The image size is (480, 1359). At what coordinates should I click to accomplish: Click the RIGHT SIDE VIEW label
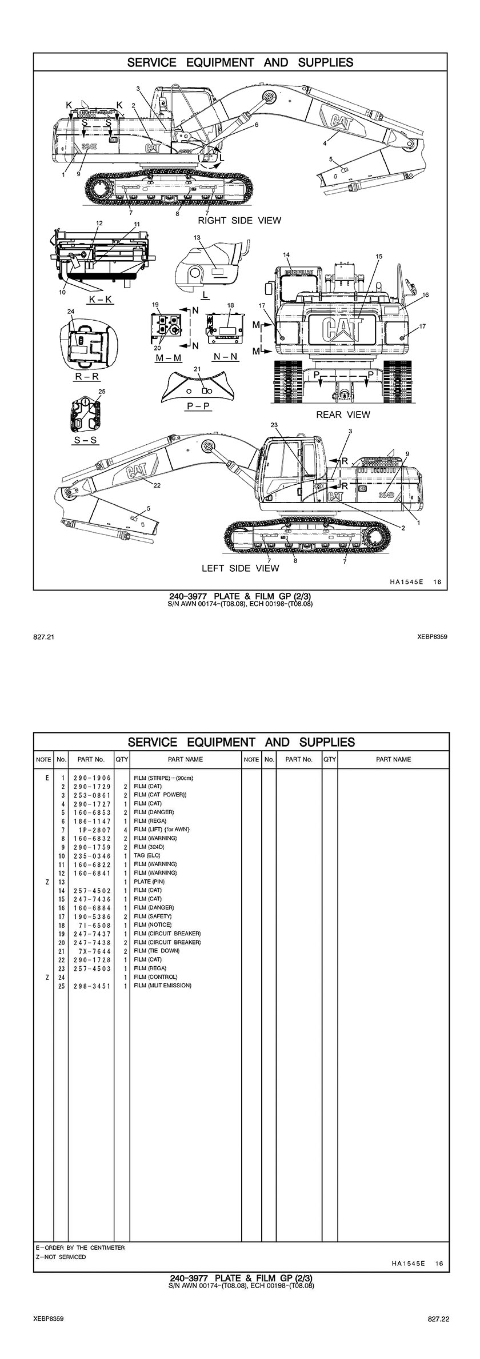(239, 220)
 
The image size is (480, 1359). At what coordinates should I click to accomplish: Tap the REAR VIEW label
(343, 415)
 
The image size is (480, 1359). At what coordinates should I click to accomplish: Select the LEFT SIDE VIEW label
(240, 568)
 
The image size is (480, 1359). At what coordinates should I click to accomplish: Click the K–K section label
(100, 299)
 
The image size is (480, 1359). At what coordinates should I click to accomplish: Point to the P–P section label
(199, 405)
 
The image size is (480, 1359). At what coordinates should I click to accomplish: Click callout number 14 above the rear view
(286, 254)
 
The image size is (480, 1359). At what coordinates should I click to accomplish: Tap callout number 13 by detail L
(197, 237)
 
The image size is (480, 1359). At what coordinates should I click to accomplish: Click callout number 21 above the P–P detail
(197, 368)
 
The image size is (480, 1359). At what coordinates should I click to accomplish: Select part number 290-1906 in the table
(92, 778)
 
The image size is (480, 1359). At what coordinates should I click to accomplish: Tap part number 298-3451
(92, 986)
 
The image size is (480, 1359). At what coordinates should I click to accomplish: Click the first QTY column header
(122, 759)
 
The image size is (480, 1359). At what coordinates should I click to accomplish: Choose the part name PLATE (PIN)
(149, 882)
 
